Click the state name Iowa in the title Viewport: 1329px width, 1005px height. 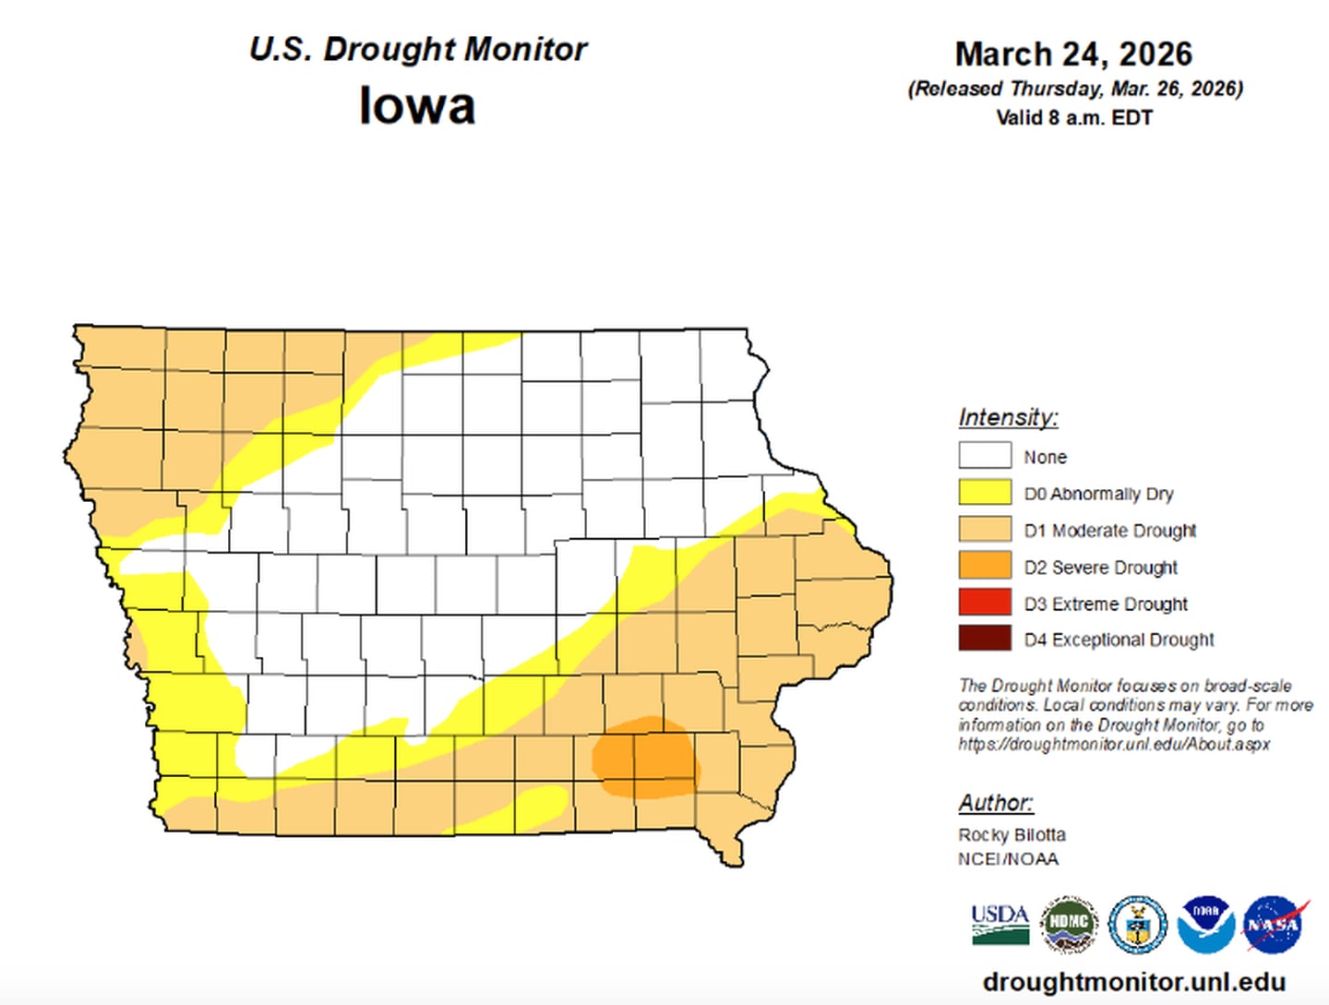[417, 105]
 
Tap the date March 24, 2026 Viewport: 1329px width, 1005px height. [1073, 54]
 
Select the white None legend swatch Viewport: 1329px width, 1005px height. [984, 456]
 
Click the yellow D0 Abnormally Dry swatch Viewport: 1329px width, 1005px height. [984, 493]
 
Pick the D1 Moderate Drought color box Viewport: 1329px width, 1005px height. [984, 530]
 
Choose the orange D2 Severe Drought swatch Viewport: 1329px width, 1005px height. [984, 566]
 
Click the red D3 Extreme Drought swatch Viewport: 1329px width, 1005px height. [984, 603]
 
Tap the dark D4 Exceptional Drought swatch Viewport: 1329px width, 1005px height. [984, 639]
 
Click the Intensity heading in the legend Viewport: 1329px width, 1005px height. [1008, 418]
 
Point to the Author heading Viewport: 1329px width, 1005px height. [995, 803]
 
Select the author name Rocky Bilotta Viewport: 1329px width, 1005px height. [1012, 834]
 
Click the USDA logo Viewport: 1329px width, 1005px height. [1000, 924]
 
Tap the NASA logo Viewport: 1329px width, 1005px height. [1275, 924]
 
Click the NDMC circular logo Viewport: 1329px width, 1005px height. [1069, 924]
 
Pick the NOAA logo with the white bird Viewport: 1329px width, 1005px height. [1205, 924]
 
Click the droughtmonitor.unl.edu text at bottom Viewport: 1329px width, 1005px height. [1134, 982]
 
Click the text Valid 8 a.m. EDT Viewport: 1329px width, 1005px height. [1073, 118]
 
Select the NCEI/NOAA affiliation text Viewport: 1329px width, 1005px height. [1008, 859]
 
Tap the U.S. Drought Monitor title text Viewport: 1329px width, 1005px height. [417, 49]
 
